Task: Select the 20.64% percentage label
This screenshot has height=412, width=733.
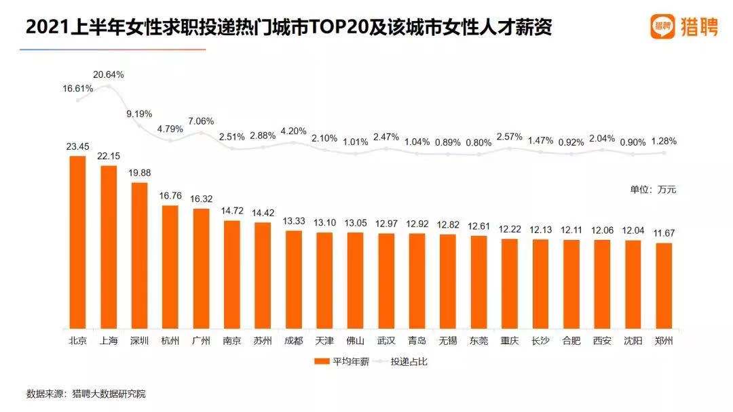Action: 109,75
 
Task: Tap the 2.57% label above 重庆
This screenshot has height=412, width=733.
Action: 509,136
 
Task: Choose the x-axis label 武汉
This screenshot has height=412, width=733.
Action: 386,341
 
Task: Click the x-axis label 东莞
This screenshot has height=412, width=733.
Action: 478,341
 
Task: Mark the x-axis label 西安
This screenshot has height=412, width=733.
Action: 602,341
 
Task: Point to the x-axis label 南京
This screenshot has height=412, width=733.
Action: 231,341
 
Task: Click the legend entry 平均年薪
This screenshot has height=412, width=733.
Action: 340,361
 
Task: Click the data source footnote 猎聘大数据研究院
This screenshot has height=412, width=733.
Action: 109,393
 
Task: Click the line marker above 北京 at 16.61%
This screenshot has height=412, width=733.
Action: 79,100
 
